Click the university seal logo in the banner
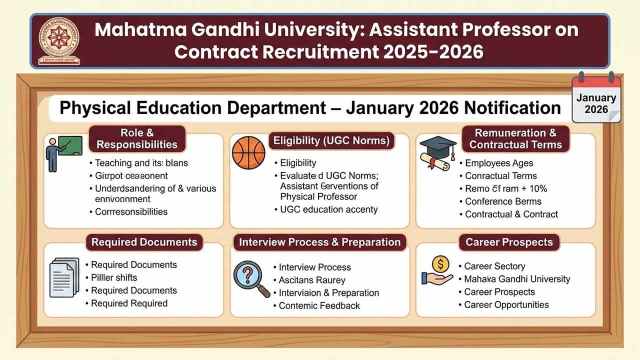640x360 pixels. click(x=59, y=40)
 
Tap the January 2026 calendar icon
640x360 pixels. click(x=596, y=98)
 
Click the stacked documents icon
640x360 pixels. click(x=64, y=278)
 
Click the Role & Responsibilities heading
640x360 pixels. click(x=136, y=139)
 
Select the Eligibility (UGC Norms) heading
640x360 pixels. click(x=330, y=141)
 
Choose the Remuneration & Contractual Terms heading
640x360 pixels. click(x=515, y=139)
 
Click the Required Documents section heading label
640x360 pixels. click(x=144, y=242)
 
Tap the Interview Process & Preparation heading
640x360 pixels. click(x=320, y=242)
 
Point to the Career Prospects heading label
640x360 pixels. click(x=509, y=242)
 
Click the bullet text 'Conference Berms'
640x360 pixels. click(x=503, y=201)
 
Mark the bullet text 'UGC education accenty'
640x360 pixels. click(x=328, y=209)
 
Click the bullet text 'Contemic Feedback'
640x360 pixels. click(x=319, y=305)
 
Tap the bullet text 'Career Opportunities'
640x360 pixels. click(x=506, y=304)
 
